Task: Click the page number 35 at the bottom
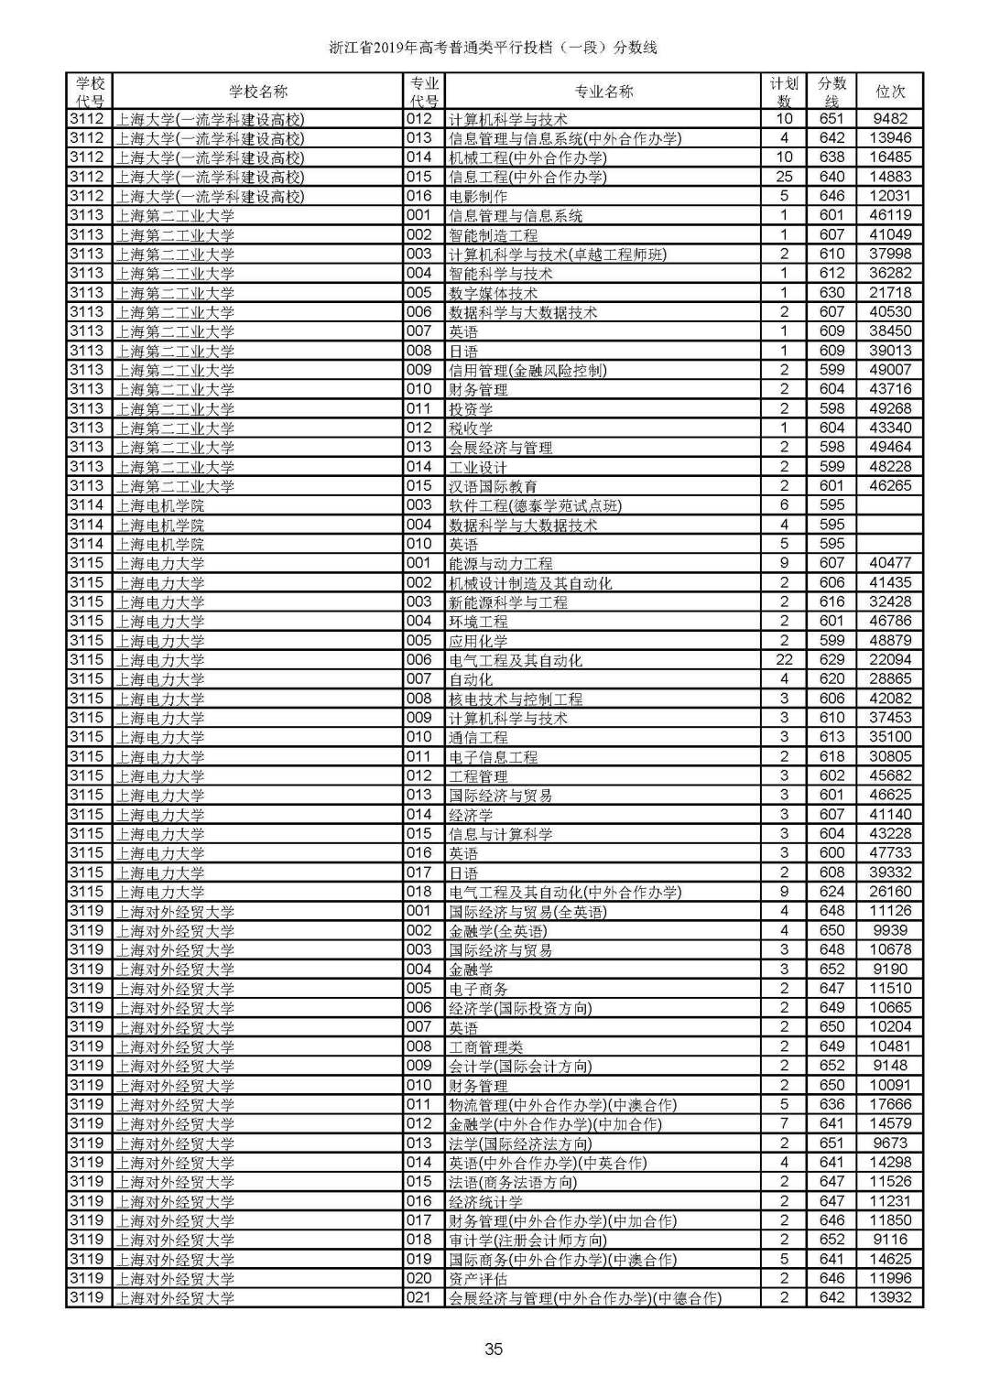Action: [x=494, y=1349]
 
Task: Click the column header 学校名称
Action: [x=257, y=92]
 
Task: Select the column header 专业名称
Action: [x=603, y=92]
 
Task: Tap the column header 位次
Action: [x=890, y=92]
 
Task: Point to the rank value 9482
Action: [x=890, y=119]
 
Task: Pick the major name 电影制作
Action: [x=478, y=196]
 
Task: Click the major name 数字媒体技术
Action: [x=493, y=293]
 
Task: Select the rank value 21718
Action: [x=890, y=293]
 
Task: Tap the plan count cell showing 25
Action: [x=784, y=177]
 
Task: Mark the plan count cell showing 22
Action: [x=784, y=660]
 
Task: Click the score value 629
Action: [x=831, y=660]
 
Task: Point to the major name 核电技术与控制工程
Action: [x=516, y=699]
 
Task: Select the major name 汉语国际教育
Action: [x=493, y=486]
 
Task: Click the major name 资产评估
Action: [x=478, y=1279]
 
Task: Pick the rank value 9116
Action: [x=890, y=1240]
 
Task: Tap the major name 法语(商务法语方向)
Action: [x=513, y=1182]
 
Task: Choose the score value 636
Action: [x=831, y=1105]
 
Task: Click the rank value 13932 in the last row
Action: [x=890, y=1298]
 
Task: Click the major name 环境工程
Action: [x=478, y=622]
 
